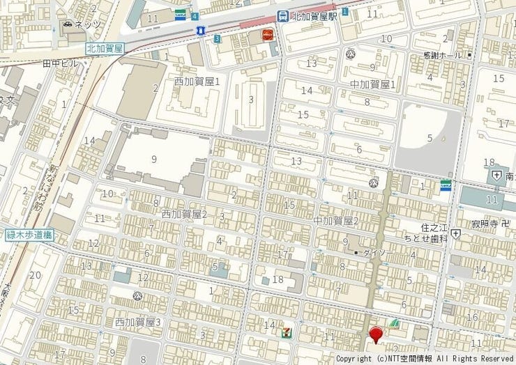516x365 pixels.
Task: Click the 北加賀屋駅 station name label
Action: click(314, 15)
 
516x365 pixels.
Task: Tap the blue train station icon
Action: click(282, 15)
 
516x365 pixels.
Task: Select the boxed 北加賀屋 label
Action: click(104, 48)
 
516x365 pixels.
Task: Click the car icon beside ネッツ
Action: click(67, 24)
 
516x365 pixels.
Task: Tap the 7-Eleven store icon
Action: click(284, 332)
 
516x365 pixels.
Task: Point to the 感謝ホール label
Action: click(443, 54)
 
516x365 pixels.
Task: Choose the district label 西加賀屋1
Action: click(197, 81)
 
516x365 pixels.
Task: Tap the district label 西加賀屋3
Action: click(138, 322)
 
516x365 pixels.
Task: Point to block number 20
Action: click(36, 275)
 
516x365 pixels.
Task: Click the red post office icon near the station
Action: click(267, 35)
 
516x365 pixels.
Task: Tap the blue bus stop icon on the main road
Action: click(201, 30)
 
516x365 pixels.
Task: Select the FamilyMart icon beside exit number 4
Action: click(181, 15)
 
